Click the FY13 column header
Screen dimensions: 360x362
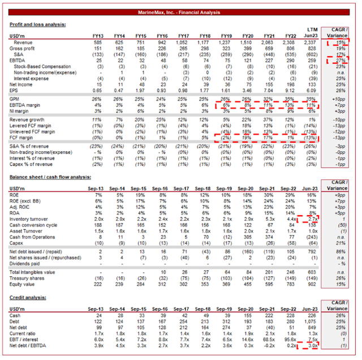pos(100,36)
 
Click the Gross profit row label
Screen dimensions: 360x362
pos(25,48)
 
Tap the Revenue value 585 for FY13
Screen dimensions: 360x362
pos(100,42)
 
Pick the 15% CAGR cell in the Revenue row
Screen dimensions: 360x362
pos(339,42)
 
